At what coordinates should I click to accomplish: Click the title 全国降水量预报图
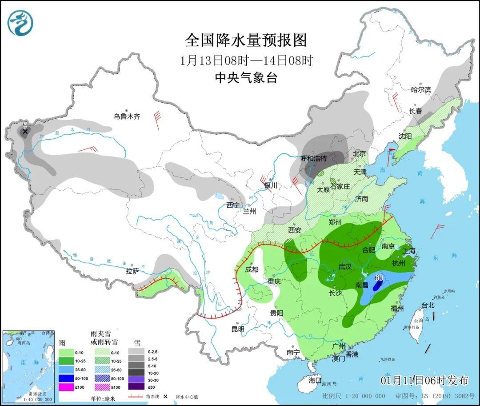point(246,40)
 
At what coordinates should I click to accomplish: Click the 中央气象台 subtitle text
point(246,78)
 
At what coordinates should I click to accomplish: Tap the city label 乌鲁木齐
point(127,117)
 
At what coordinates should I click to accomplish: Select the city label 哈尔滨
point(421,90)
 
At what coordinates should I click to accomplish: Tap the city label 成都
point(251,269)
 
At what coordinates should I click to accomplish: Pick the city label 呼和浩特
point(314,158)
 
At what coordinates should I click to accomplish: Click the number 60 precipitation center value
point(379,277)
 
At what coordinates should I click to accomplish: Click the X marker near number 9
point(25,132)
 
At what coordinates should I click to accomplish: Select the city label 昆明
point(238,330)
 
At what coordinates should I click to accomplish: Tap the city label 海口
point(315,381)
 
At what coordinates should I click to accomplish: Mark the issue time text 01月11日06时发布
point(424,380)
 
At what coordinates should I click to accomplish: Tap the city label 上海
point(409,251)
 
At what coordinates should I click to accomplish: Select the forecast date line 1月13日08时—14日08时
point(247,60)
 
